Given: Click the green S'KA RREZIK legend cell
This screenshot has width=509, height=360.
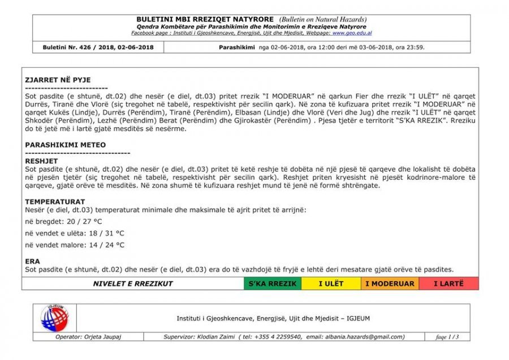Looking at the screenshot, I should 273,284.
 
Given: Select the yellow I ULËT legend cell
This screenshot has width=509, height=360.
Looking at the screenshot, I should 331,284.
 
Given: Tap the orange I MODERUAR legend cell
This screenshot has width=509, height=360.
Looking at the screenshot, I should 390,284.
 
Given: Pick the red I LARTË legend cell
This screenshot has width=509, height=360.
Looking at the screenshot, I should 448,284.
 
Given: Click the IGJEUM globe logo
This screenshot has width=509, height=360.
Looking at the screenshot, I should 54,318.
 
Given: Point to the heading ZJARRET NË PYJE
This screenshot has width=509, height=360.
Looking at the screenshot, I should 58,80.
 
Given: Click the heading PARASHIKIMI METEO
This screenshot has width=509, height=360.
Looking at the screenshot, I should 65,145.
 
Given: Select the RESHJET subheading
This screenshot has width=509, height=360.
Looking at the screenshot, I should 41,161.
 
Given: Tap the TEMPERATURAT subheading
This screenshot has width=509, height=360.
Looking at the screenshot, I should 55,202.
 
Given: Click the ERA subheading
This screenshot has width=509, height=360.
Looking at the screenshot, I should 32,261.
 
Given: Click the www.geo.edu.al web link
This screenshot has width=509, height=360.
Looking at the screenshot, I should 352,33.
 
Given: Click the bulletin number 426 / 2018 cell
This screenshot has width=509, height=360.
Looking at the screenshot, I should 98,47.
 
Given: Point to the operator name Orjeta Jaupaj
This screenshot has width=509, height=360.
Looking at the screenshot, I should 97,337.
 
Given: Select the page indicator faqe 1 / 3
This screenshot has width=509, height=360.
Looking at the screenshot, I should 448,337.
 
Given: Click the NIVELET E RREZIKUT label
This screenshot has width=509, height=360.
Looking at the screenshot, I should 133,284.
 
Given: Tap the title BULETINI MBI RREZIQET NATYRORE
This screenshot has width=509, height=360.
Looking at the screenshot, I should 205,19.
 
